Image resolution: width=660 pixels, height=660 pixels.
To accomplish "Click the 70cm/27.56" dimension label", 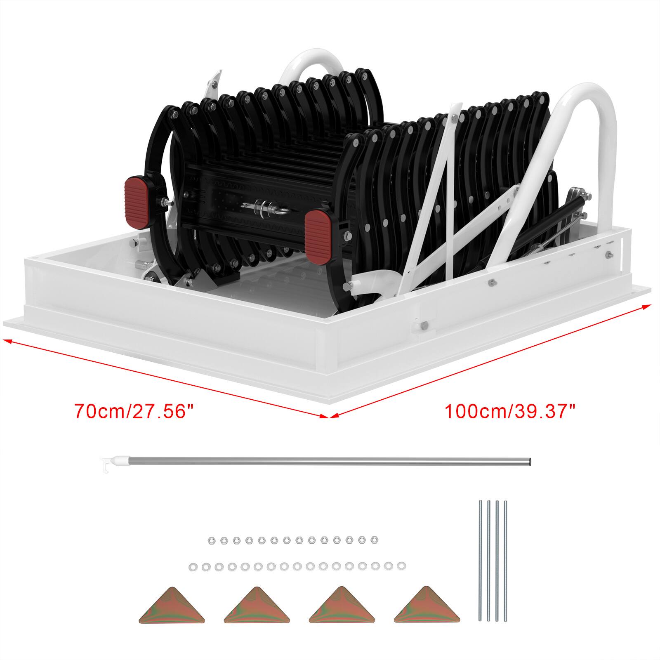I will coord(134,412).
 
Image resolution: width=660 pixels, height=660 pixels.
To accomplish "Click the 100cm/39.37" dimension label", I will coord(510,412).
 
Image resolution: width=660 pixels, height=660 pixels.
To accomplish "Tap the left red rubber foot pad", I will coord(139,203).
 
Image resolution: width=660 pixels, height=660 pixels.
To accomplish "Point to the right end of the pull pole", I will coord(529,462).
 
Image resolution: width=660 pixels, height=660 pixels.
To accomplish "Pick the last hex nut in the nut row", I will coord(375,540).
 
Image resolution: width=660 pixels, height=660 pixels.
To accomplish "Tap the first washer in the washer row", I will coord(193,566).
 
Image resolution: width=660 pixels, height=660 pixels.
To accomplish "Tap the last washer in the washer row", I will coord(400,566).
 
